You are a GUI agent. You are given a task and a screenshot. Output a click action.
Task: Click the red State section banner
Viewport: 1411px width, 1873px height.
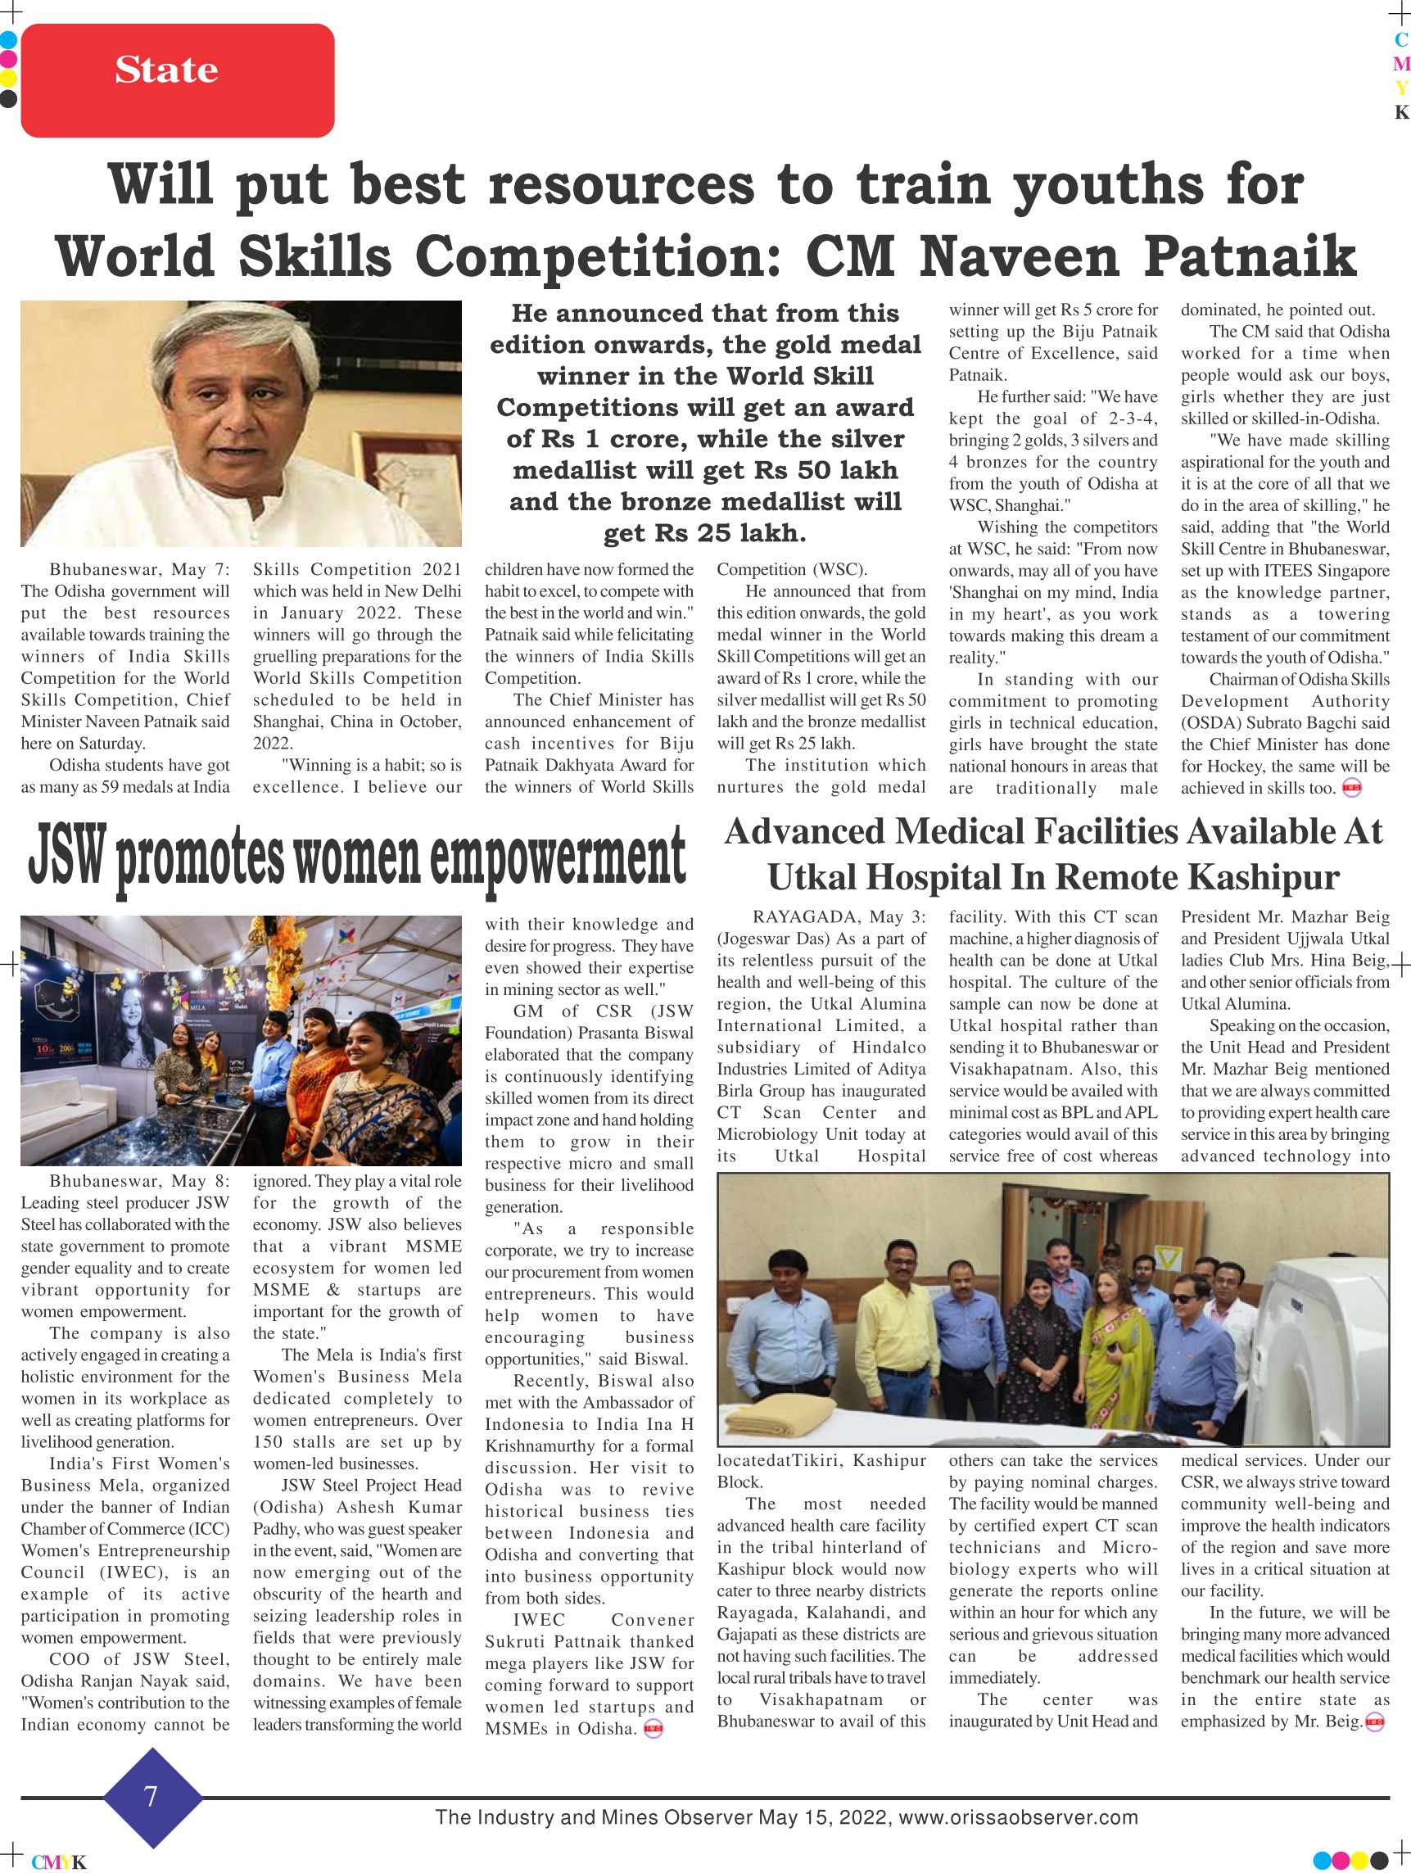177,80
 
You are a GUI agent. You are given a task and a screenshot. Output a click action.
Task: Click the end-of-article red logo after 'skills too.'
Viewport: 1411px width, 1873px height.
1352,789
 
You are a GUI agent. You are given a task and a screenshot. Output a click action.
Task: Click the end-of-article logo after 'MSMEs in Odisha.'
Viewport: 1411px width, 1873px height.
653,1729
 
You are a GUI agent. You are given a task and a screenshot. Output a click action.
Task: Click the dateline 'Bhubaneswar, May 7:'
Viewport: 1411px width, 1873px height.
139,569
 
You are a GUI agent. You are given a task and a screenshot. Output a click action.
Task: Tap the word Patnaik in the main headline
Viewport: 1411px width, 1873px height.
1250,256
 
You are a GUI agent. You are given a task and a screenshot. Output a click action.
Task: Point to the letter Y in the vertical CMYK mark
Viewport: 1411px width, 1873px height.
1401,88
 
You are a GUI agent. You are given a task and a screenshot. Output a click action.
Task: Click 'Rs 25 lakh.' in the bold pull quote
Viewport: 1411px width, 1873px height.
704,532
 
